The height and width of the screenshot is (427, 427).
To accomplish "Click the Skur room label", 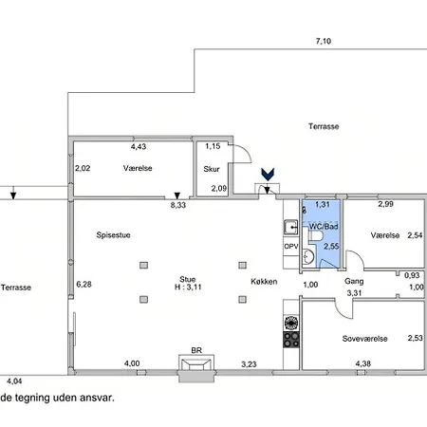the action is point(212,169).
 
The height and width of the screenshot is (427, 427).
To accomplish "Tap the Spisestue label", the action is point(113,235).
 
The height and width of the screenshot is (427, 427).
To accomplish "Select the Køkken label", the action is point(264,282).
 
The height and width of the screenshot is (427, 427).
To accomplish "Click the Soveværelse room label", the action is point(364,339).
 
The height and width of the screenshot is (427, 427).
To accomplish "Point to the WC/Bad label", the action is point(324,227).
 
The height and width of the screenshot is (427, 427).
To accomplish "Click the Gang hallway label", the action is point(354,281).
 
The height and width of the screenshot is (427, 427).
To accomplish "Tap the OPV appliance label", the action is point(291,246).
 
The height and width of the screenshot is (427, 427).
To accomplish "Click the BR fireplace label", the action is point(196,350).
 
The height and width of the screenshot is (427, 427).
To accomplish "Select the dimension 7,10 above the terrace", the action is point(324,41).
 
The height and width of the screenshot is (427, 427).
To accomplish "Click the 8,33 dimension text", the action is point(178,205).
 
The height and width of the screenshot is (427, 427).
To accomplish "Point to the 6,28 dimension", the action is point(84,284).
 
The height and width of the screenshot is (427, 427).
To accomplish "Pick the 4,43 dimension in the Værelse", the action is point(139,146).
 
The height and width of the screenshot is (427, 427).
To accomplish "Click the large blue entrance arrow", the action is point(268,175).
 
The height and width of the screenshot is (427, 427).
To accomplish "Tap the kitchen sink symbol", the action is point(290,227).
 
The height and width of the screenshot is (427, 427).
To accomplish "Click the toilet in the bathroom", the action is point(315,235).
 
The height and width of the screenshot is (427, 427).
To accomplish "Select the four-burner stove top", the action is point(291,340).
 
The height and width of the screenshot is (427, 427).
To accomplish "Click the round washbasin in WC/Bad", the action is point(307,256).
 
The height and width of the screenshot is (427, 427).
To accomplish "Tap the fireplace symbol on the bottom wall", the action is point(196,368).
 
